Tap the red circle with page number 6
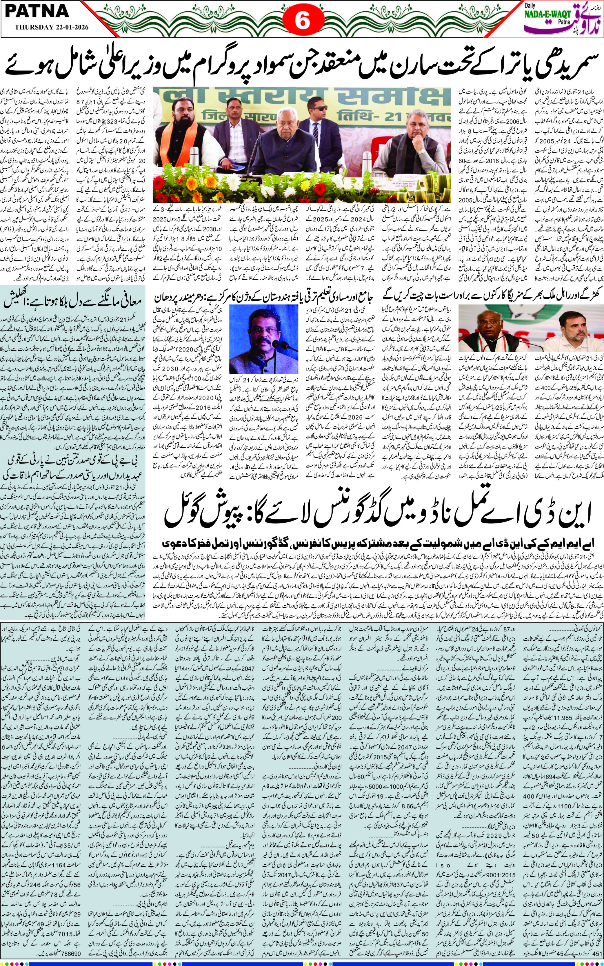coord(302,22)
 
